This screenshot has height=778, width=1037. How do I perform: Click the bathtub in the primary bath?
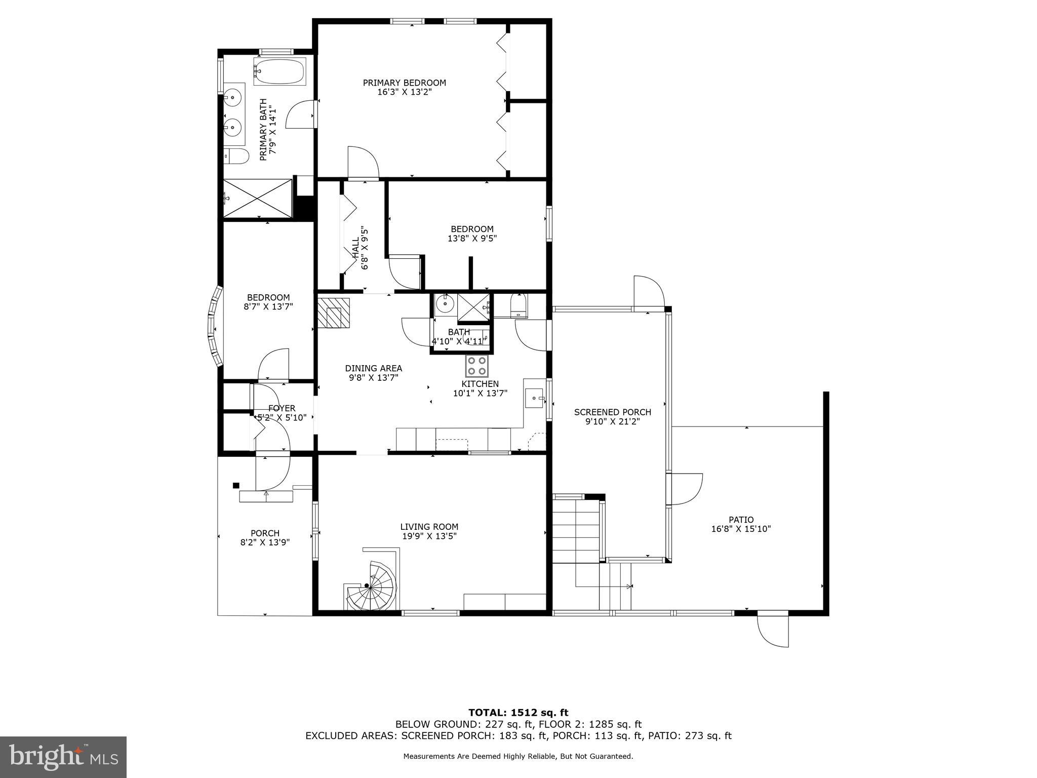(280, 72)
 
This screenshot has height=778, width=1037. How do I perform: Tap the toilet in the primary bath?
(236, 156)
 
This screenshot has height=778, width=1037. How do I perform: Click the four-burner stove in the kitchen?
(477, 366)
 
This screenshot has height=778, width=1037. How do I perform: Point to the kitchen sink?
(534, 399)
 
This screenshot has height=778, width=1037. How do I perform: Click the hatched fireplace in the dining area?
(334, 313)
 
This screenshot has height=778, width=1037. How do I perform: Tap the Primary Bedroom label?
(404, 83)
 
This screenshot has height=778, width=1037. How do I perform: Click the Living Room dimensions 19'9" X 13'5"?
(429, 536)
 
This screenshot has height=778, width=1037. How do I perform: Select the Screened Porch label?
(612, 412)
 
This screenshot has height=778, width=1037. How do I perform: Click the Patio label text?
(741, 520)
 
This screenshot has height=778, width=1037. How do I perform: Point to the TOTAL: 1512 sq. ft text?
(518, 713)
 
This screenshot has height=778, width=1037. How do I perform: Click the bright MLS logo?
(63, 757)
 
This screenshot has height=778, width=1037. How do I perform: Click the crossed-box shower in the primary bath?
(258, 198)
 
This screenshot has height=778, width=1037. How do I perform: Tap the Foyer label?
(282, 408)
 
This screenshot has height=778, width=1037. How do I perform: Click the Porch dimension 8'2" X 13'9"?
(265, 542)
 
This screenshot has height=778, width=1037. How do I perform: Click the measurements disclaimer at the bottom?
(518, 756)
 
